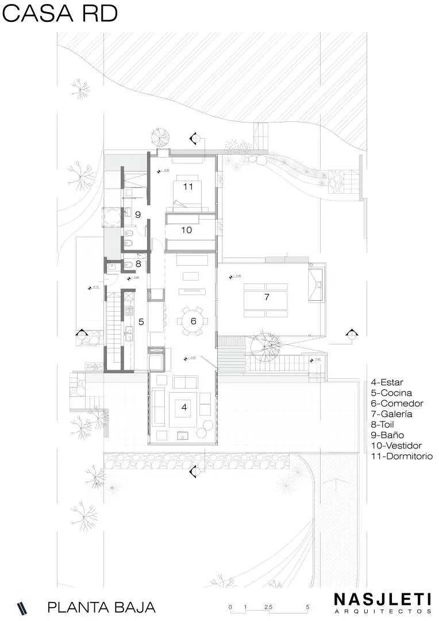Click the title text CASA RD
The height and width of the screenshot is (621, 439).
tap(60, 14)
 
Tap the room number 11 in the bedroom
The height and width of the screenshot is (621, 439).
tap(187, 186)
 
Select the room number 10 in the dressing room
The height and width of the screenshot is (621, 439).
tap(186, 230)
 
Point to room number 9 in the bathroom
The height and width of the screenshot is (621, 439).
tap(138, 214)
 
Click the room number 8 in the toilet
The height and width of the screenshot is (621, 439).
tap(138, 264)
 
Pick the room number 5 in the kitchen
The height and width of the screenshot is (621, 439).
tap(141, 322)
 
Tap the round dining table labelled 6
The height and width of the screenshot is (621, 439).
tap(194, 321)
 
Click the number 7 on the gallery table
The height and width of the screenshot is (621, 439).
tap(266, 297)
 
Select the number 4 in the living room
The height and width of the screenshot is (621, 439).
tap(184, 407)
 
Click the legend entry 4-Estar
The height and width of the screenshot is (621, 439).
tap(387, 382)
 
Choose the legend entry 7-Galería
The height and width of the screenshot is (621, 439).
tap(391, 414)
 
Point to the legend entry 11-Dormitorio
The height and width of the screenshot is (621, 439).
tap(402, 457)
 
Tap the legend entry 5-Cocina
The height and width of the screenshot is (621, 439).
tap(391, 393)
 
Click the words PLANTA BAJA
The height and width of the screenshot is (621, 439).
tap(102, 607)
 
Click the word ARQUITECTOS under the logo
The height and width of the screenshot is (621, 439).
tap(383, 610)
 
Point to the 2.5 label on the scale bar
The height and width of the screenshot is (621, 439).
tap(268, 607)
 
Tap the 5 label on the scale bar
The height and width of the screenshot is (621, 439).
tap(307, 607)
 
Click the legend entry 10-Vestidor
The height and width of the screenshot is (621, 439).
tap(396, 446)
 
